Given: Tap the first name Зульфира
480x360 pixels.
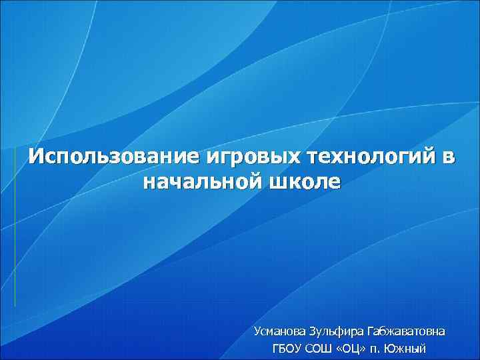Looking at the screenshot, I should (337, 331).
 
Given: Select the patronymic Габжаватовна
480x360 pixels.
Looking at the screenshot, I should (408, 331).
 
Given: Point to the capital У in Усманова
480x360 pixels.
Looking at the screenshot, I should (257, 331).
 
